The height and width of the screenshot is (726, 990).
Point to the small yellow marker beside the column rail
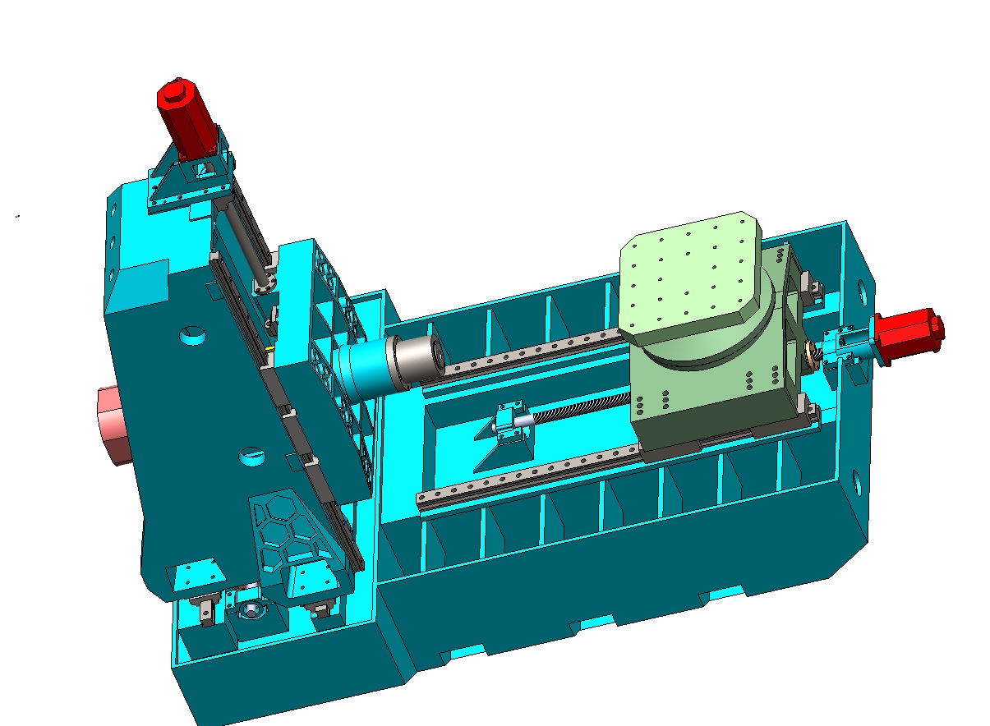point(270,349)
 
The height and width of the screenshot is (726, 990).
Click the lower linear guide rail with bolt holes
point(526,477)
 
